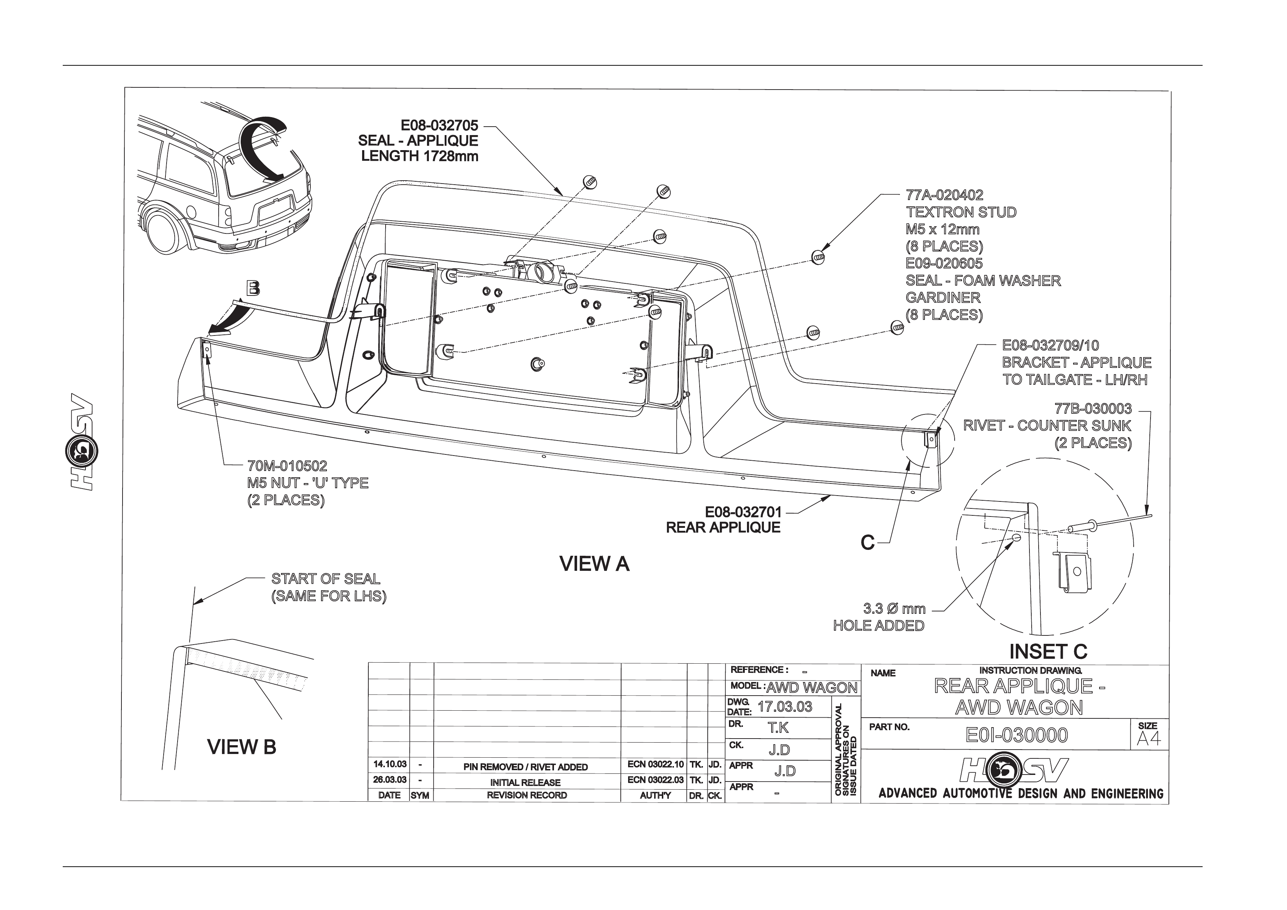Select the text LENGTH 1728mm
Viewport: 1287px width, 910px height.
[420, 156]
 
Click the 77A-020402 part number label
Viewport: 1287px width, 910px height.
[944, 195]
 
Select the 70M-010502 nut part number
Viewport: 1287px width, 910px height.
[287, 466]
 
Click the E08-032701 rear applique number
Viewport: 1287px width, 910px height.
[743, 512]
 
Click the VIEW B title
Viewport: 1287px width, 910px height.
[242, 747]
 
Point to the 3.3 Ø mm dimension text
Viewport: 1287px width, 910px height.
[894, 609]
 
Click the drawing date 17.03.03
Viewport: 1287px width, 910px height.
[785, 707]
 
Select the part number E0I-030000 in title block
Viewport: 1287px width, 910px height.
[1017, 735]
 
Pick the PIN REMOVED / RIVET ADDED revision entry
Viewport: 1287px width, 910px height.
[526, 767]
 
